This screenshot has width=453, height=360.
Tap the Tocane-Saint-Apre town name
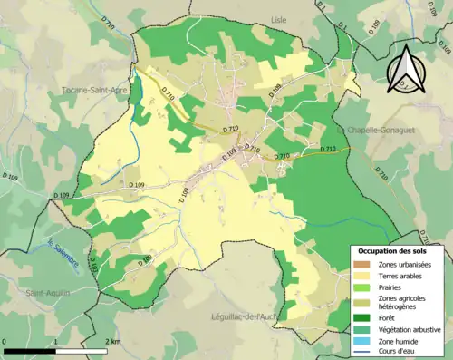click(92, 90)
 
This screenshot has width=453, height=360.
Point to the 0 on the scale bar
click(5, 341)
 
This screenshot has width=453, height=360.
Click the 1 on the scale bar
click(56, 341)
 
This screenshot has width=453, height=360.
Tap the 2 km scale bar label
click(113, 341)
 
